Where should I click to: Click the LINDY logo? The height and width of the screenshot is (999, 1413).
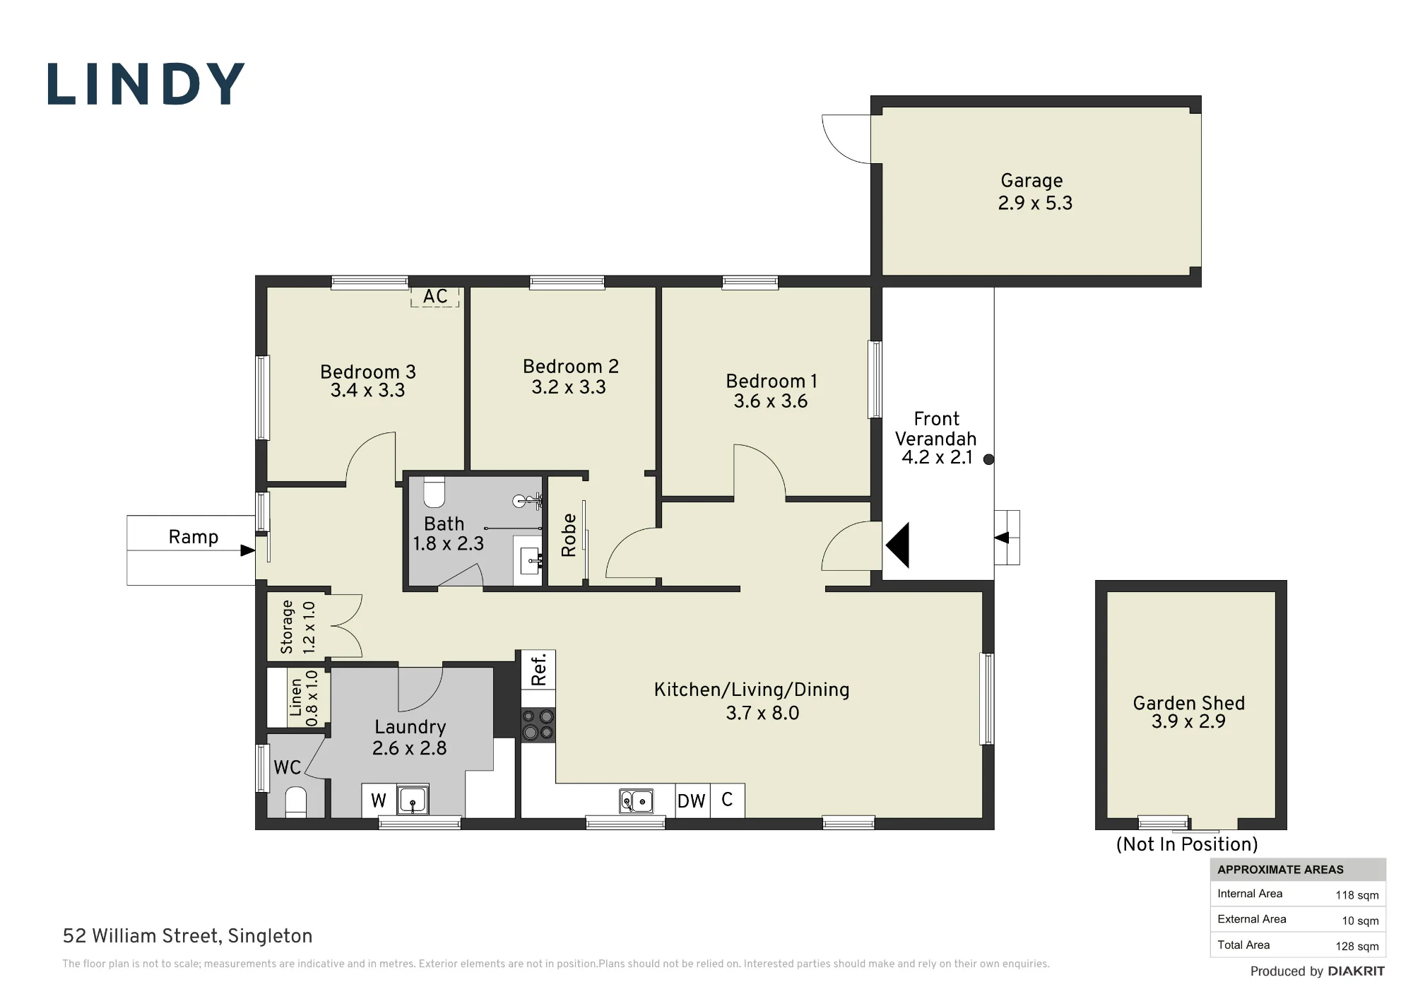pyautogui.click(x=146, y=85)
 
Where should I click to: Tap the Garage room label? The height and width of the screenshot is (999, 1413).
pyautogui.click(x=1031, y=181)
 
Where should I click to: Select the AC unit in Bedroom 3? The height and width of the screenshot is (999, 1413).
pyautogui.click(x=435, y=297)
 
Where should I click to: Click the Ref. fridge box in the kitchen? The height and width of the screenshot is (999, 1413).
pyautogui.click(x=538, y=669)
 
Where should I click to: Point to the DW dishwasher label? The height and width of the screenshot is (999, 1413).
pyautogui.click(x=692, y=800)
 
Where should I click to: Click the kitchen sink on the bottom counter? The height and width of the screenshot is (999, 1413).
pyautogui.click(x=636, y=801)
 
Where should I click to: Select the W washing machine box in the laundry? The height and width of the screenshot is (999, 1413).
pyautogui.click(x=379, y=800)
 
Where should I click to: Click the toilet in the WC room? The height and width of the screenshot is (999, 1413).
pyautogui.click(x=295, y=803)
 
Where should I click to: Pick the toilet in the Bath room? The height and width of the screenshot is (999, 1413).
pyautogui.click(x=434, y=492)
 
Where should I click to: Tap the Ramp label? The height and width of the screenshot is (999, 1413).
pyautogui.click(x=193, y=537)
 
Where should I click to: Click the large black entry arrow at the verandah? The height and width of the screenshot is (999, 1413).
pyautogui.click(x=897, y=545)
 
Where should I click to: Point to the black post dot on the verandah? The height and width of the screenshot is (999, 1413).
pyautogui.click(x=989, y=459)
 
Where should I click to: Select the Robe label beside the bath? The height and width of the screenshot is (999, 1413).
pyautogui.click(x=569, y=536)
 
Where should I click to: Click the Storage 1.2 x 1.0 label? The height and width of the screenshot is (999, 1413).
pyautogui.click(x=297, y=627)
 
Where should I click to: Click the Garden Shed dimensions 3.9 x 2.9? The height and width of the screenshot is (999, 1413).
pyautogui.click(x=1188, y=721)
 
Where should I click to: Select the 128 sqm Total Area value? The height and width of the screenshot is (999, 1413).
pyautogui.click(x=1356, y=946)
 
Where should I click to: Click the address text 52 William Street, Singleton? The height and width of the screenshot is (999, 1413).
pyautogui.click(x=187, y=936)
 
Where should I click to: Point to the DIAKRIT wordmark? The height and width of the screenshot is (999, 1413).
pyautogui.click(x=1356, y=971)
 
